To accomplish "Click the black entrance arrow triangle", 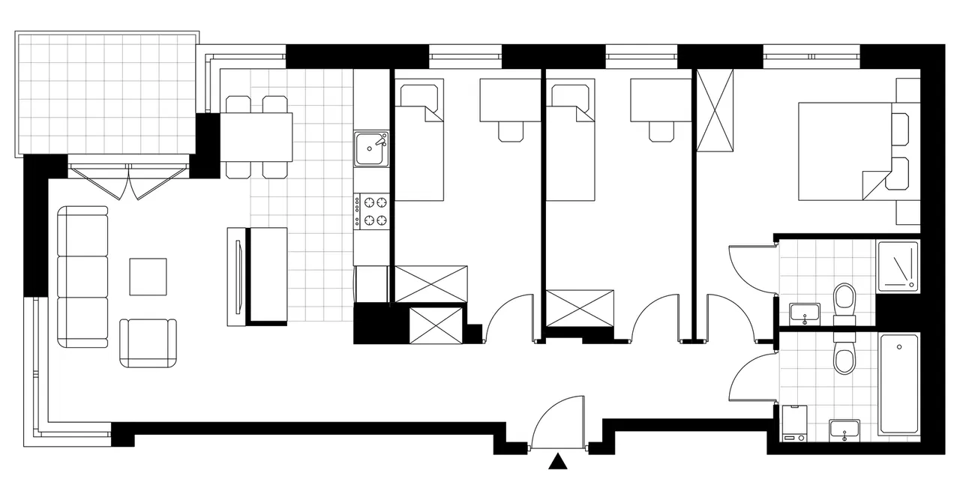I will pos(557,463).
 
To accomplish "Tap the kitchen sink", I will pos(370,149).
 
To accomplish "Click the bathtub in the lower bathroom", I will pos(898,384).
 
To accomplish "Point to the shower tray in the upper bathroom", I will pos(897,267).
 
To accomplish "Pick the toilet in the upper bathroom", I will pos(845,302).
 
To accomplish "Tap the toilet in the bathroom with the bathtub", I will pos(845,355).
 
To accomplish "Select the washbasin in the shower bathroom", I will pos(805,313).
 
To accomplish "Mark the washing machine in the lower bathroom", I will pos(793,424).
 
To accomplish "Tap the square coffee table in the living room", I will pos(148,277).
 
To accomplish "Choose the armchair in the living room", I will pos(148,343).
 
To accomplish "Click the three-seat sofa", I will pos(82,277).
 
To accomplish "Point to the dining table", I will pos(256,136).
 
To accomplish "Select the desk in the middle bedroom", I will pos(659,100).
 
